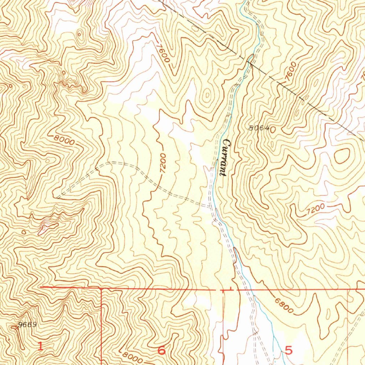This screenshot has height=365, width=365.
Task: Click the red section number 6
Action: pos(161,350)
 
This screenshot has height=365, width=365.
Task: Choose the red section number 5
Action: pos(289,350)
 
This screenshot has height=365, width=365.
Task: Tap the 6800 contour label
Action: pos(284,305)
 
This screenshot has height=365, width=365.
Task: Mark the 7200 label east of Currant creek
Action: pos(315,209)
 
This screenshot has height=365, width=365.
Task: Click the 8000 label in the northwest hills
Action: pos(65,139)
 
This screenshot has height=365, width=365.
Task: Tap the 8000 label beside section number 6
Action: pos(132,356)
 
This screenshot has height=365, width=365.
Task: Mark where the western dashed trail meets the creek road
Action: pos(210,206)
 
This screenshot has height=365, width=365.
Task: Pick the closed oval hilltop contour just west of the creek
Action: pos(207,97)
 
